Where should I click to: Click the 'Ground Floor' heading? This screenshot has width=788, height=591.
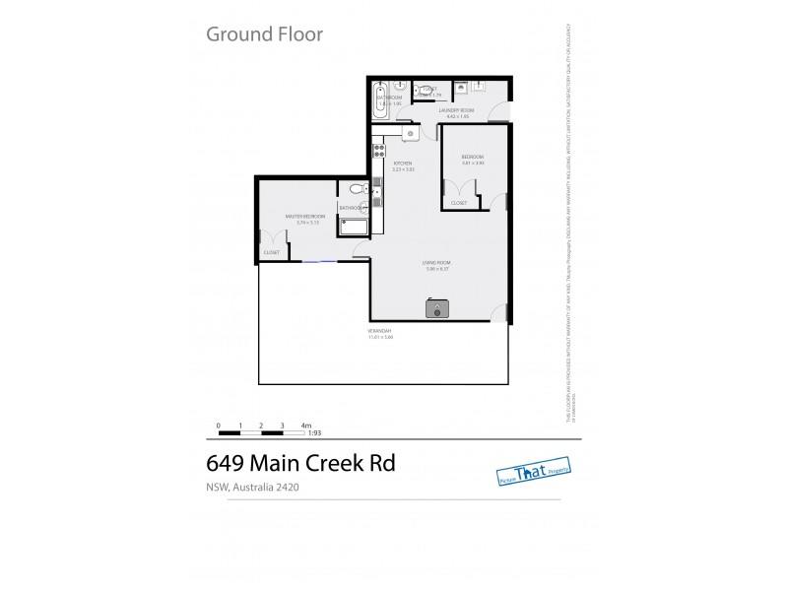click(263, 34)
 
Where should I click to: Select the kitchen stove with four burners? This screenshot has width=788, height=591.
click(378, 152)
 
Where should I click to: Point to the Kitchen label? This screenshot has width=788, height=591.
click(402, 164)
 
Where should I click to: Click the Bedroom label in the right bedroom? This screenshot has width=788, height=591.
click(473, 158)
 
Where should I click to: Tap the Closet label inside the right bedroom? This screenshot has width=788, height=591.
click(459, 203)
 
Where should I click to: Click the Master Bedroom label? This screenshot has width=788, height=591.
click(304, 217)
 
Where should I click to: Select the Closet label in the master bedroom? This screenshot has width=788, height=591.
click(271, 253)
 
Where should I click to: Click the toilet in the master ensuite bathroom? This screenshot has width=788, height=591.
click(357, 188)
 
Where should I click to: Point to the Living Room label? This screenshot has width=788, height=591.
click(435, 262)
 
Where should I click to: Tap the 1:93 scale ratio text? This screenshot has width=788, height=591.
click(314, 431)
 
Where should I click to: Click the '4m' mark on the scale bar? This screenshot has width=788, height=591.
click(306, 424)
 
